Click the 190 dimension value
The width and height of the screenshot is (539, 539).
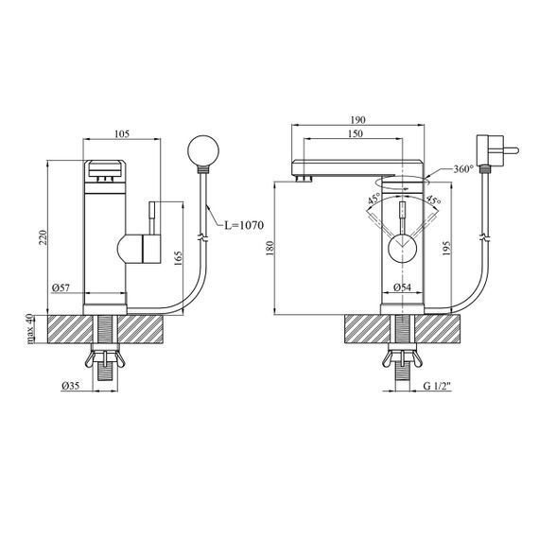(357, 120)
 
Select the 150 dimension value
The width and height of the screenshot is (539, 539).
(355, 133)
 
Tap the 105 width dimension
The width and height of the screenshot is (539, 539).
(122, 133)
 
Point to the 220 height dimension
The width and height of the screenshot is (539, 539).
(43, 237)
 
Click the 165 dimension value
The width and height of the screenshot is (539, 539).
(178, 258)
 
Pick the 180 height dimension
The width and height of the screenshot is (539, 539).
(269, 248)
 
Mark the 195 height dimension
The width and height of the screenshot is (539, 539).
(445, 248)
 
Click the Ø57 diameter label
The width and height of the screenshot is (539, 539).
(61, 287)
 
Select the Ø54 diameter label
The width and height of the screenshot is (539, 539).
(402, 287)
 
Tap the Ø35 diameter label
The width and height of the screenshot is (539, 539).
(71, 386)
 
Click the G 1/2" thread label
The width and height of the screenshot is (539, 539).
(437, 386)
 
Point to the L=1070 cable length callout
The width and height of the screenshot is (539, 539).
(244, 225)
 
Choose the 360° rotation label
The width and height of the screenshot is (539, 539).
(463, 168)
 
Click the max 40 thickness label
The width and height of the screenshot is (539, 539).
(30, 329)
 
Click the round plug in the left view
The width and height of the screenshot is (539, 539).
(203, 150)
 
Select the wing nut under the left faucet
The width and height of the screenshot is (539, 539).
(105, 359)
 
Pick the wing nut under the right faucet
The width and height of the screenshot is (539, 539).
(403, 359)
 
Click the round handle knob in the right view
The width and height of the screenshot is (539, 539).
(402, 247)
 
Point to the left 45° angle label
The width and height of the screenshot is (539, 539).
(374, 199)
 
